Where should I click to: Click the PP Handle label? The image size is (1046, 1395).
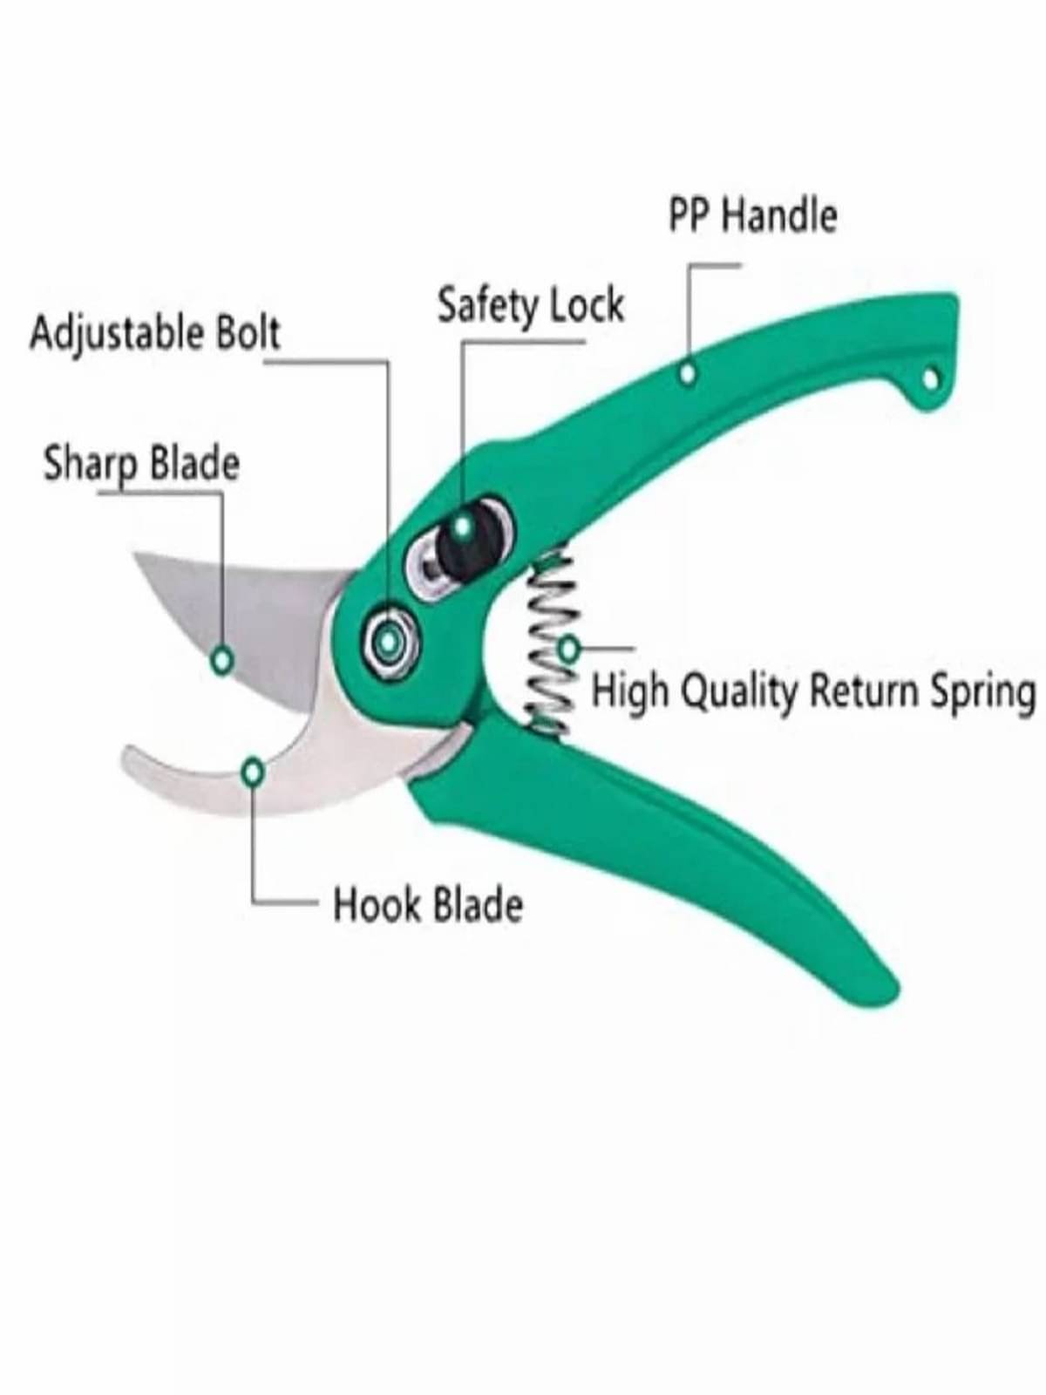752,215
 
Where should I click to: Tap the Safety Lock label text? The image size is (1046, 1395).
531,306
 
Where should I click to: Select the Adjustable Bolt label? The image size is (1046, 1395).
155,333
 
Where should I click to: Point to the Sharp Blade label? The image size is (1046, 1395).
141,463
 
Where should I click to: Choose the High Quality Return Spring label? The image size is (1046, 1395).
813,692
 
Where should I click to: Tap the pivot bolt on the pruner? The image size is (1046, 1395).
389,643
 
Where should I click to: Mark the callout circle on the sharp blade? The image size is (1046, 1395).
221,659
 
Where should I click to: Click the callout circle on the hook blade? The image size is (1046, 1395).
253,772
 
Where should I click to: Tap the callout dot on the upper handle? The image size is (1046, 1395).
688,373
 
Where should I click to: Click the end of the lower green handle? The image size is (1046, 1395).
888,1000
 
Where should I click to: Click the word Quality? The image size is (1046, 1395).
743,692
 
